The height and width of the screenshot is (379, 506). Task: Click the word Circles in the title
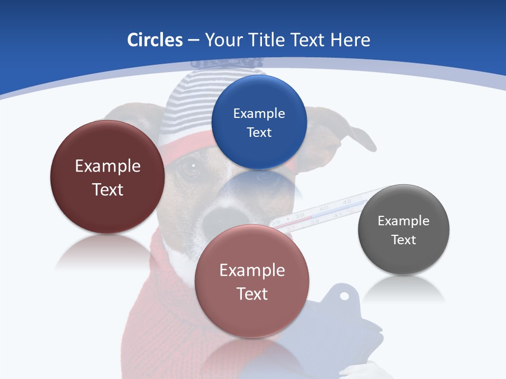[x=154, y=40]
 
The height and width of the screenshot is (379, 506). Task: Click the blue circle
[x=259, y=122]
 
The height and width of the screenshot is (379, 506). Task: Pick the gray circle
[x=404, y=230]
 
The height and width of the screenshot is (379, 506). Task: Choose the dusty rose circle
[x=252, y=281]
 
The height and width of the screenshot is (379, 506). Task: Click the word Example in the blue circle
[x=259, y=113]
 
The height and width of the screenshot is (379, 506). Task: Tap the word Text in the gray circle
[x=404, y=240]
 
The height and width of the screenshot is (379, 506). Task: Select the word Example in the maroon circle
[x=108, y=166]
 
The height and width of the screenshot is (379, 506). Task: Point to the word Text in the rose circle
[x=252, y=294]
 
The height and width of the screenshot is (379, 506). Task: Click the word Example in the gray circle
[x=404, y=221]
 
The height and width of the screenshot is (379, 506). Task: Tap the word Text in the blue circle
[x=259, y=132]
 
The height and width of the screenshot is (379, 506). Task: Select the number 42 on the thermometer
[x=347, y=202]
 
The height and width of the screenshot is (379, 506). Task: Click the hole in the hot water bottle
[x=344, y=296]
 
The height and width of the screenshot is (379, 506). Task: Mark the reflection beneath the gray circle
[x=404, y=290]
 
